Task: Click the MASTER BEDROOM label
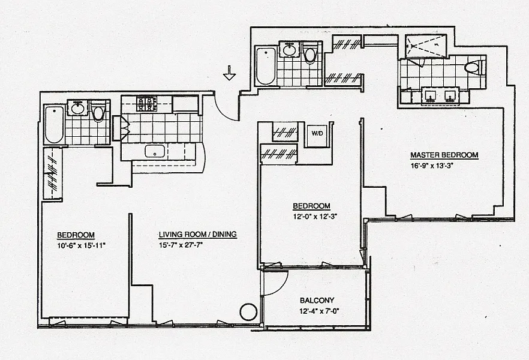coord(444,155)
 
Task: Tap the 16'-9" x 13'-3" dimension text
coord(431,166)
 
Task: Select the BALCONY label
coord(317,300)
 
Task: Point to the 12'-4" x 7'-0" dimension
coord(319,311)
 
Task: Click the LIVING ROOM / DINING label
coord(198,234)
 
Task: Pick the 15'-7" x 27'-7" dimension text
coord(181,245)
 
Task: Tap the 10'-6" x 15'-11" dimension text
coord(82,245)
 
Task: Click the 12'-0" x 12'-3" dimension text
coord(315,217)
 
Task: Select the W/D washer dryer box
coord(317,133)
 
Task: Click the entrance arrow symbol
coord(229,73)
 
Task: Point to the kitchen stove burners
coord(147,104)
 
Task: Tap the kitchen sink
coord(155,151)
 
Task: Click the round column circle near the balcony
coord(249,312)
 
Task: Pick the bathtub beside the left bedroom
coord(55,124)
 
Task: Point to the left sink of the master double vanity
coord(430,95)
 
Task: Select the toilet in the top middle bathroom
coord(309,53)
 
